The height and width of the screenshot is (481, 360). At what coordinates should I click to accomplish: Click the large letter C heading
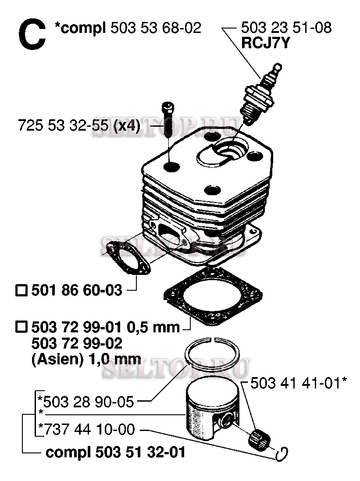point(32,34)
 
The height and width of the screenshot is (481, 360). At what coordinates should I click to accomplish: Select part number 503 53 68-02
point(156,28)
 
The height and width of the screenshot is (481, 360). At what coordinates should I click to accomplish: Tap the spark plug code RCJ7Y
point(265,43)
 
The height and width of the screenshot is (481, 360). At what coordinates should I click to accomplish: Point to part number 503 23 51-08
point(286,28)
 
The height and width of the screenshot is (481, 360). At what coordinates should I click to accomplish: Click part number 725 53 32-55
point(63,125)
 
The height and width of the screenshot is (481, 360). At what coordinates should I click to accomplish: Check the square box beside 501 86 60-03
point(21,290)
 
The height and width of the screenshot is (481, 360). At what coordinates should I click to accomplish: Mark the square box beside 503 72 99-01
point(21,327)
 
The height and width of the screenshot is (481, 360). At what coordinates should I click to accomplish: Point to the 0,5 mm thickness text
point(153,327)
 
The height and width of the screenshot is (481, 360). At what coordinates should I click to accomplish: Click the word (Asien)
point(57,359)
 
